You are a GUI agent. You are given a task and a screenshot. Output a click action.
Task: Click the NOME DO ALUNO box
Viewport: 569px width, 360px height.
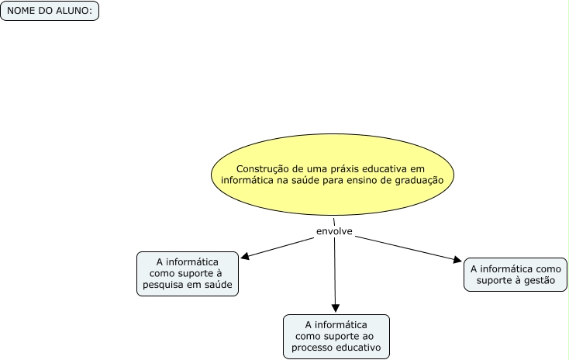click(x=50, y=11)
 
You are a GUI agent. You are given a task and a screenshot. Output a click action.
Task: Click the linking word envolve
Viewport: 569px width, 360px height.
click(x=334, y=231)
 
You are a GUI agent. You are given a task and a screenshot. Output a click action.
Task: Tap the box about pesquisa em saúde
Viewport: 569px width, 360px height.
click(x=187, y=274)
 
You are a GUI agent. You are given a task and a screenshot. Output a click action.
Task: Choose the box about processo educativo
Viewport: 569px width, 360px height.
click(x=336, y=336)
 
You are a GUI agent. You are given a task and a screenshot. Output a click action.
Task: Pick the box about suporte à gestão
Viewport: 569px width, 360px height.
click(x=515, y=275)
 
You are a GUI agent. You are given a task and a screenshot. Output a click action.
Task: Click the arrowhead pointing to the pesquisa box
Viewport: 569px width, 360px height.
click(x=245, y=256)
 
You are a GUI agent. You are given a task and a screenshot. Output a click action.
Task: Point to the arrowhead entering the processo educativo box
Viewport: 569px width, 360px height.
click(x=336, y=309)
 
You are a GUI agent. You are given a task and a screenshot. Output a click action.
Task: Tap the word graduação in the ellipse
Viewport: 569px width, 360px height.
click(x=425, y=179)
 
